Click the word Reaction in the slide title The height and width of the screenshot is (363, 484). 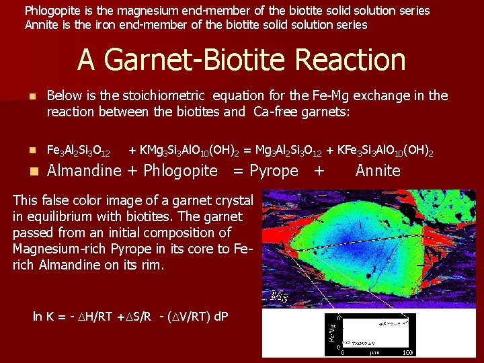[x=350, y=60]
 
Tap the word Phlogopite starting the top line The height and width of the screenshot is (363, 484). [x=54, y=11]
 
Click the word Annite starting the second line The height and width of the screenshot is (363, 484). [x=42, y=25]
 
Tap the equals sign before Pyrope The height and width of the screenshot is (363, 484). [x=237, y=171]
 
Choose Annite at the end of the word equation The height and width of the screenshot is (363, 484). [x=378, y=171]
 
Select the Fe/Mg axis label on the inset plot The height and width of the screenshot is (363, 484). [x=332, y=330]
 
